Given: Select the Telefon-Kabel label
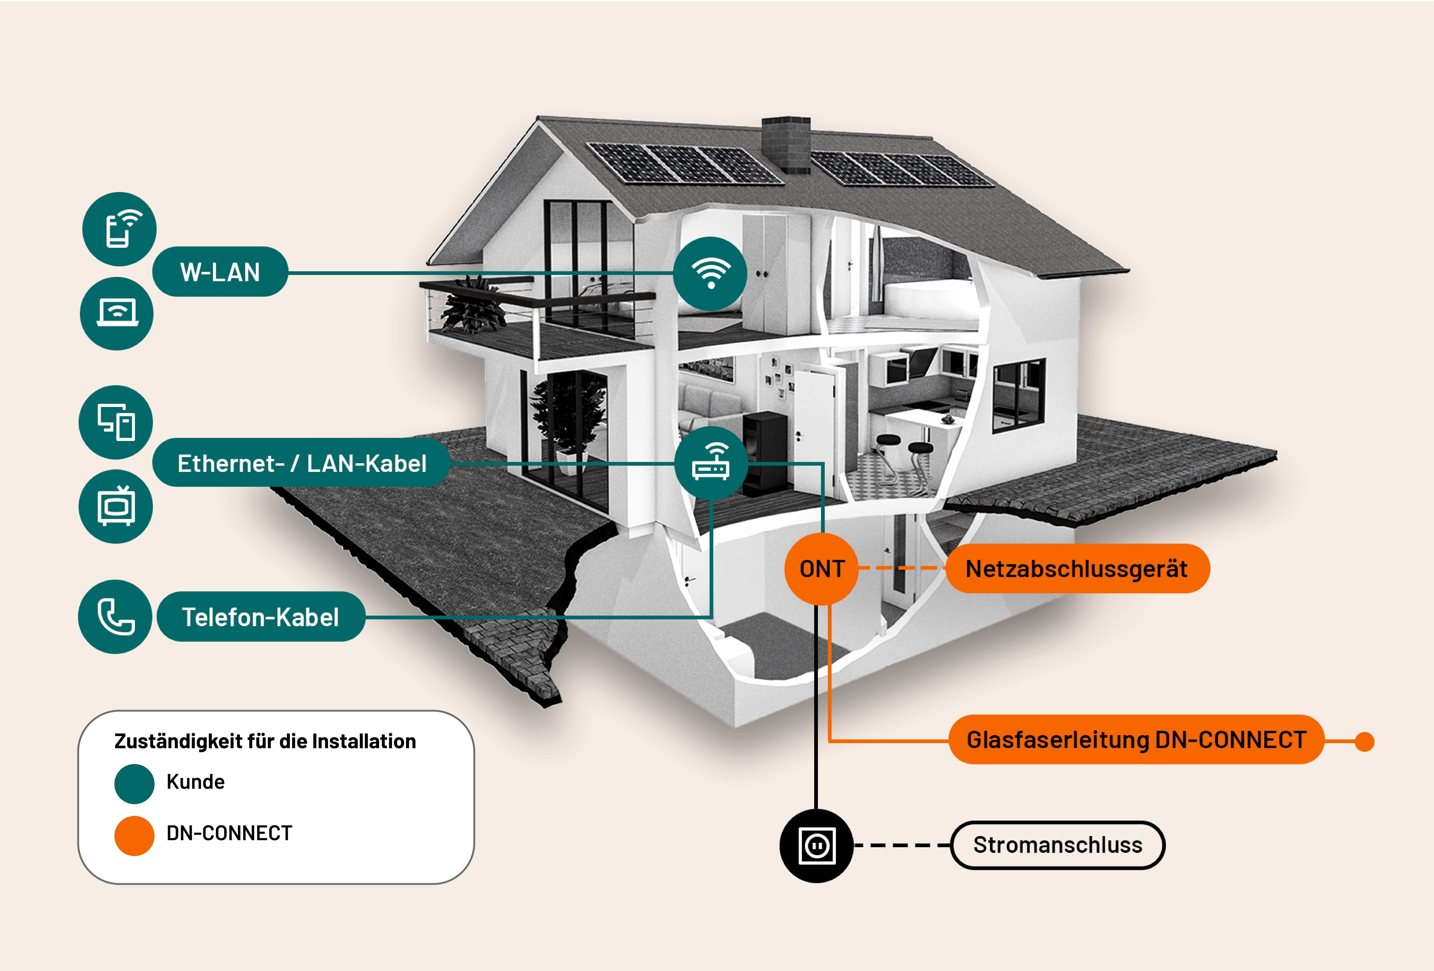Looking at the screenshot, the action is (260, 617).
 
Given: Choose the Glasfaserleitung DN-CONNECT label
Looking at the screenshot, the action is (1136, 740).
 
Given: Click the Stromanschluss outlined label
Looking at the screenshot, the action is (1058, 845).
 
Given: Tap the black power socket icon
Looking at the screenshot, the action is (817, 845).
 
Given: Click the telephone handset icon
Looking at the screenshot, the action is (115, 617).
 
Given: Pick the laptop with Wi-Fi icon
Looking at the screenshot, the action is (117, 314).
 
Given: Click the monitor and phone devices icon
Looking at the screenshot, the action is (116, 422).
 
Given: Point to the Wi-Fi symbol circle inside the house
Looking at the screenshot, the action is (710, 273).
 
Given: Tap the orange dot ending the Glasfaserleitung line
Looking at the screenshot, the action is (1364, 741).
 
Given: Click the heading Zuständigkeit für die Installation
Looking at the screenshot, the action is (265, 741).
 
